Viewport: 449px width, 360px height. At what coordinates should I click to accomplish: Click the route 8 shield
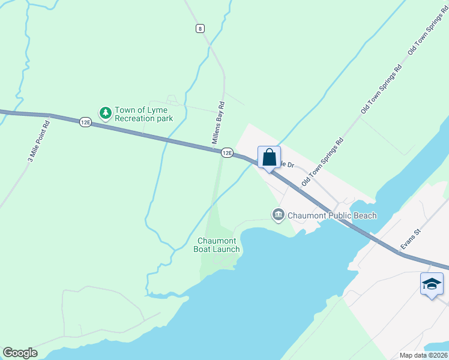200,28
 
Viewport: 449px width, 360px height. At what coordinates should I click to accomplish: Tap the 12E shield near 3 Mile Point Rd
85,122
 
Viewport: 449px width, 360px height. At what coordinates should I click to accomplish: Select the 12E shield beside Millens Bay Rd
226,153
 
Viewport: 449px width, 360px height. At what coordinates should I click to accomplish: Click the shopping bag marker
269,157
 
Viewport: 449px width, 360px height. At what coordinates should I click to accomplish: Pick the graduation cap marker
432,284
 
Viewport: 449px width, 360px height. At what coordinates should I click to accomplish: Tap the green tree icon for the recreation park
106,113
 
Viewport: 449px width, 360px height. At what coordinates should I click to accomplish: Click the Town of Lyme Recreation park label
143,114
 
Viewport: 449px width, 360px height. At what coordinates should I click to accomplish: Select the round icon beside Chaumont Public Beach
278,215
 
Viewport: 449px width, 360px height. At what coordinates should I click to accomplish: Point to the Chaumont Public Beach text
332,215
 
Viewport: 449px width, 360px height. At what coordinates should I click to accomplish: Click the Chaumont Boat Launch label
218,245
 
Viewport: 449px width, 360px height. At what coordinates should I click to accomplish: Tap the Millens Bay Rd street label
219,122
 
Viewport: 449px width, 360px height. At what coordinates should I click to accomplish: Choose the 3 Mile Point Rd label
38,141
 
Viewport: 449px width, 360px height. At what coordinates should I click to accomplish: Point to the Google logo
20,353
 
